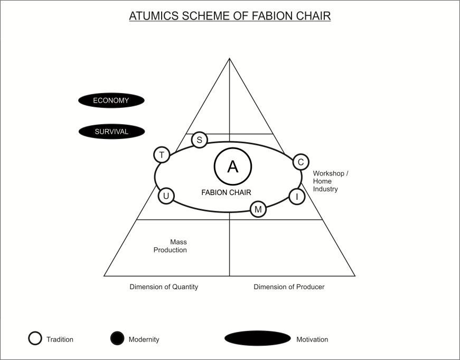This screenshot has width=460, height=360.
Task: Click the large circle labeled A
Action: [233, 167]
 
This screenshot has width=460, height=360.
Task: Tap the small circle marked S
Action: [199, 140]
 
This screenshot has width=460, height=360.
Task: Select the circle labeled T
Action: [162, 155]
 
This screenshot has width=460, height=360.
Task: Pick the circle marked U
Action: [166, 196]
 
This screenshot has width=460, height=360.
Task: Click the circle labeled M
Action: [258, 209]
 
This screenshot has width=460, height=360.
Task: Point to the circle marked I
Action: [297, 197]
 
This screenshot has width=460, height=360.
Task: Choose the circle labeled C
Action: [301, 162]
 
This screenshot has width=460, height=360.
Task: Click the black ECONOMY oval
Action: [111, 100]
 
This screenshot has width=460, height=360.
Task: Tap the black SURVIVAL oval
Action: [111, 132]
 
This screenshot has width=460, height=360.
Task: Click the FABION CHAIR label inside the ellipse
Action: [226, 192]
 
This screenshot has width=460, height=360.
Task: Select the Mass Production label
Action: [171, 246]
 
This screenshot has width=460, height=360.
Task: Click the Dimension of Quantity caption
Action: [164, 287]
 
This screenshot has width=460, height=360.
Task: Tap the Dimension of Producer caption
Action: [289, 287]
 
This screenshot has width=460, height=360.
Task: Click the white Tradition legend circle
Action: [35, 338]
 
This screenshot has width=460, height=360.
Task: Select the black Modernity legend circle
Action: [117, 338]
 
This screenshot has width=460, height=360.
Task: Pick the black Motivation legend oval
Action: [257, 338]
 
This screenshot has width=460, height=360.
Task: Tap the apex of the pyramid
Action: [229, 59]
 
